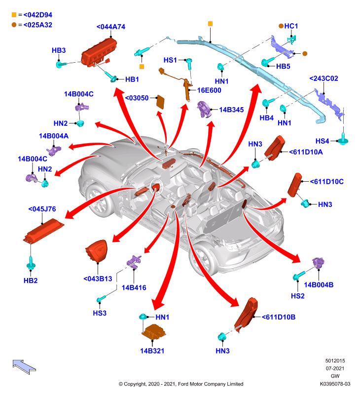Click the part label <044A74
pyautogui.click(x=110, y=27)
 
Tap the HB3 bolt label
pyautogui.click(x=59, y=50)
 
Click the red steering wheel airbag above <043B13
pyautogui.click(x=97, y=251)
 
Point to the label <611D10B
pyautogui.click(x=279, y=317)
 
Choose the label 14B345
pyautogui.click(x=231, y=110)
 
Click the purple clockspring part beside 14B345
pyautogui.click(x=204, y=109)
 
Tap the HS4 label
pyautogui.click(x=322, y=141)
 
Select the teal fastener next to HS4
pyautogui.click(x=343, y=139)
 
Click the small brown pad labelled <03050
pyautogui.click(x=160, y=102)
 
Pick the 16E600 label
pyautogui.click(x=209, y=90)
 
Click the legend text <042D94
pyautogui.click(x=38, y=15)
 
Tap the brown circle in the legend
pyautogui.click(x=14, y=25)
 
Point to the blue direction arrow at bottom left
pyautogui.click(x=24, y=366)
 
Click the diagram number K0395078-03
pyautogui.click(x=335, y=384)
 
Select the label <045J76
pyautogui.click(x=42, y=209)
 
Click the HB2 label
pyautogui.click(x=31, y=280)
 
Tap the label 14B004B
pyautogui.click(x=319, y=285)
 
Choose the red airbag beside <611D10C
pyautogui.click(x=294, y=185)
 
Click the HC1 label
pyautogui.click(x=291, y=26)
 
